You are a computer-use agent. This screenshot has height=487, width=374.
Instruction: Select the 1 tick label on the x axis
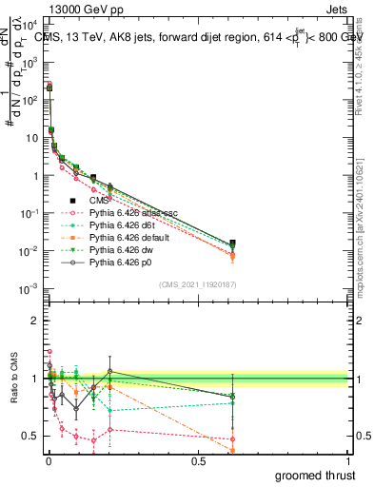(348, 460)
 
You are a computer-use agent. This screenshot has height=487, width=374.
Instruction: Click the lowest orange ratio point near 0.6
(233, 450)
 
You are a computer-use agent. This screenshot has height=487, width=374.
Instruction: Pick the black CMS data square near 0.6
(233, 243)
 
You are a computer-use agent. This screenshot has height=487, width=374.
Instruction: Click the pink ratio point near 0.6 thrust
(233, 439)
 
